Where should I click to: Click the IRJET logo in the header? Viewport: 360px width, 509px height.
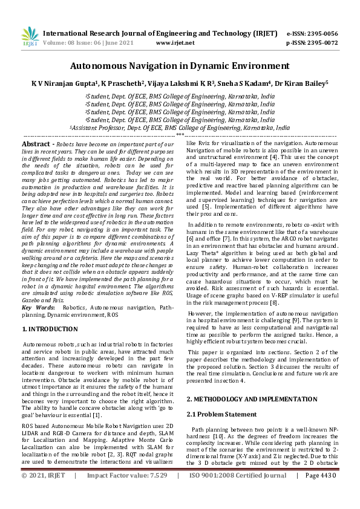pos(30,37)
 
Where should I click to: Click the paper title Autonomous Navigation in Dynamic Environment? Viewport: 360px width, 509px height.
pos(180,65)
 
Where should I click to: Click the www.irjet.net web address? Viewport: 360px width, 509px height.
pos(175,43)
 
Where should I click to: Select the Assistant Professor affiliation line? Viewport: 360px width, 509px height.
pos(180,128)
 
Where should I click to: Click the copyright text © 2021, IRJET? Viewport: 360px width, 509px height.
pos(44,493)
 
